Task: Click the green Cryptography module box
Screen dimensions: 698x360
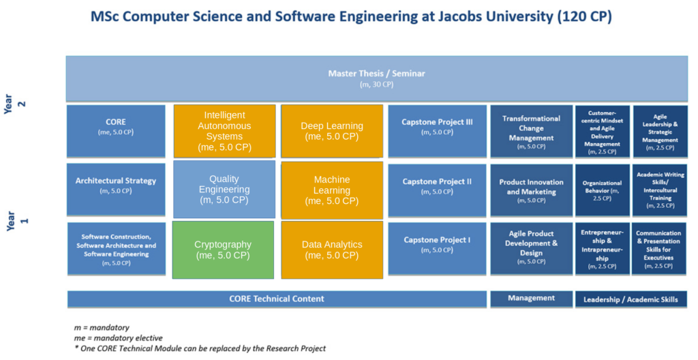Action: click(223, 250)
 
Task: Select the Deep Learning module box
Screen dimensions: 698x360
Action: click(332, 131)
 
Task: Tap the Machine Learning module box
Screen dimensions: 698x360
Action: click(332, 190)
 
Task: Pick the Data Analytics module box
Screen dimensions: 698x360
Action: click(332, 250)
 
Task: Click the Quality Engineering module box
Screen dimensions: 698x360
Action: click(224, 190)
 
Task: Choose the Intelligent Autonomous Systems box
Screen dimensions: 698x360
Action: click(224, 131)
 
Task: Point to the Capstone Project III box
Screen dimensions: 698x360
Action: click(437, 131)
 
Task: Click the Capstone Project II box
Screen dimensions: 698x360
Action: click(437, 190)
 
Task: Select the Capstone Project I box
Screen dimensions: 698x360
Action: click(437, 249)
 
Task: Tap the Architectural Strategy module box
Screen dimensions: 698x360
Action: click(116, 190)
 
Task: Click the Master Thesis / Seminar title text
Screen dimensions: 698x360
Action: click(376, 74)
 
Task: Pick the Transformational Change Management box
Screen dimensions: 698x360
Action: click(532, 131)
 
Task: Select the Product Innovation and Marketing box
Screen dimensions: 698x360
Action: click(532, 190)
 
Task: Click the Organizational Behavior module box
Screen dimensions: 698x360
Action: click(603, 190)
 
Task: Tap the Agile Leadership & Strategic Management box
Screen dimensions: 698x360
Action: click(660, 131)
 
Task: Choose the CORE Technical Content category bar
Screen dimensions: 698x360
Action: click(277, 299)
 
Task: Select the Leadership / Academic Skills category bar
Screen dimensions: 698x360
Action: click(631, 299)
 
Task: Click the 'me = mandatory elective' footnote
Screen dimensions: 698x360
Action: click(119, 337)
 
